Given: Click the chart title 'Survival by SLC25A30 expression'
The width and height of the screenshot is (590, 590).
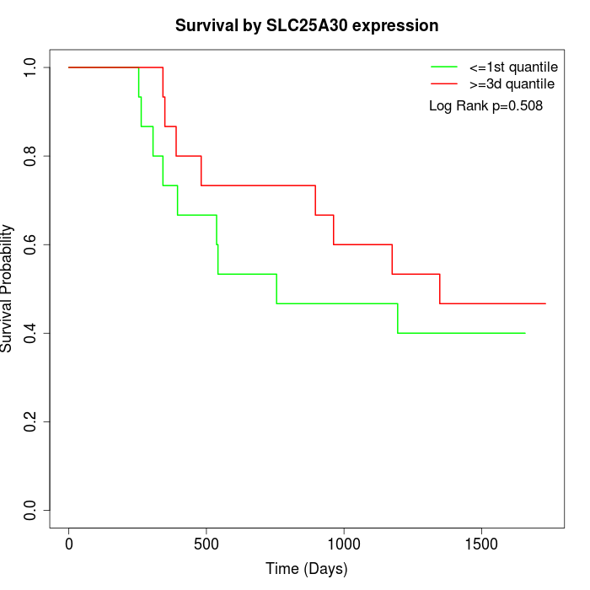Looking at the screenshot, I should [306, 25].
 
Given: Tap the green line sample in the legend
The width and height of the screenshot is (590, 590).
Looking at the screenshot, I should [444, 66].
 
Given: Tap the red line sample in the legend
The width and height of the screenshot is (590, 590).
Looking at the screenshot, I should [444, 83].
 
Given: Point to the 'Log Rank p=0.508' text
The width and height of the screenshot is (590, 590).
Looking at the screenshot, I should [485, 106].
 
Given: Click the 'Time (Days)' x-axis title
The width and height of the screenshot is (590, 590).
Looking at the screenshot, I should [306, 569].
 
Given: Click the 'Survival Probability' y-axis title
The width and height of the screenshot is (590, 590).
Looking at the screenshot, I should [8, 288].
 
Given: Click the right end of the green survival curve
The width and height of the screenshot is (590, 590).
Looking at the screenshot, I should [525, 333].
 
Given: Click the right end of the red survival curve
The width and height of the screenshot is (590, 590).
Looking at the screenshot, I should [545, 303].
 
